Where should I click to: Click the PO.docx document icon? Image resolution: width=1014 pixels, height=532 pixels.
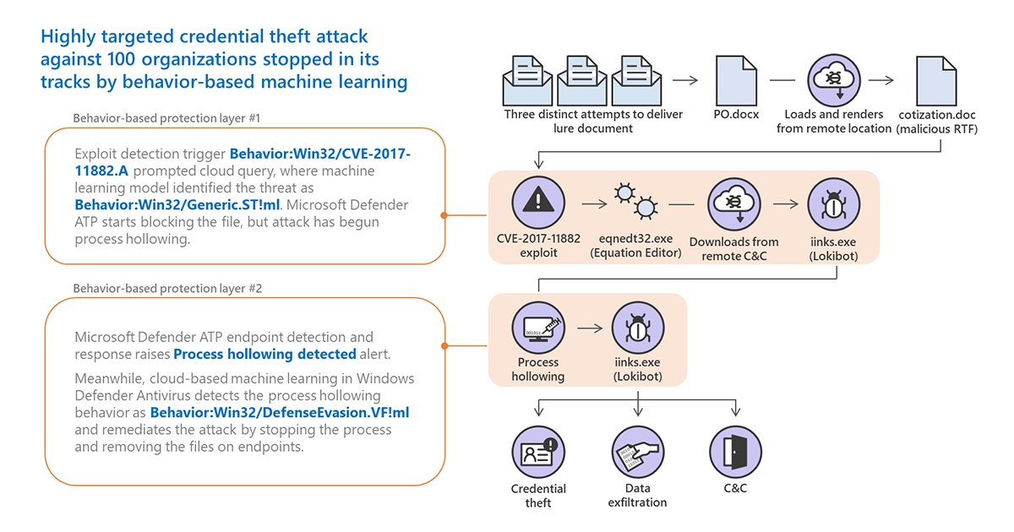pos(733,81)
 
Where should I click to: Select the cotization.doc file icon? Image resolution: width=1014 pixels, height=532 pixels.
pos(938,81)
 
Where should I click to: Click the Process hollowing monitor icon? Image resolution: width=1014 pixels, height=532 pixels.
pos(538,326)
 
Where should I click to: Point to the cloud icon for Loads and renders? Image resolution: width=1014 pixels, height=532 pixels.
pos(833,81)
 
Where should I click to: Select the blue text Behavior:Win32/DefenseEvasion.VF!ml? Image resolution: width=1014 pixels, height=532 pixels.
pos(285,413)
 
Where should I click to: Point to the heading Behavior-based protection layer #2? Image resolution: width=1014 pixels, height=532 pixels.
pos(167,289)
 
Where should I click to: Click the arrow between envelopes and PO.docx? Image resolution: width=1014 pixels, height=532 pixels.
pos(686,81)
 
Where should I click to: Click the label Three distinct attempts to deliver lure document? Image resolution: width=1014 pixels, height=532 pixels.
pos(593,121)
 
